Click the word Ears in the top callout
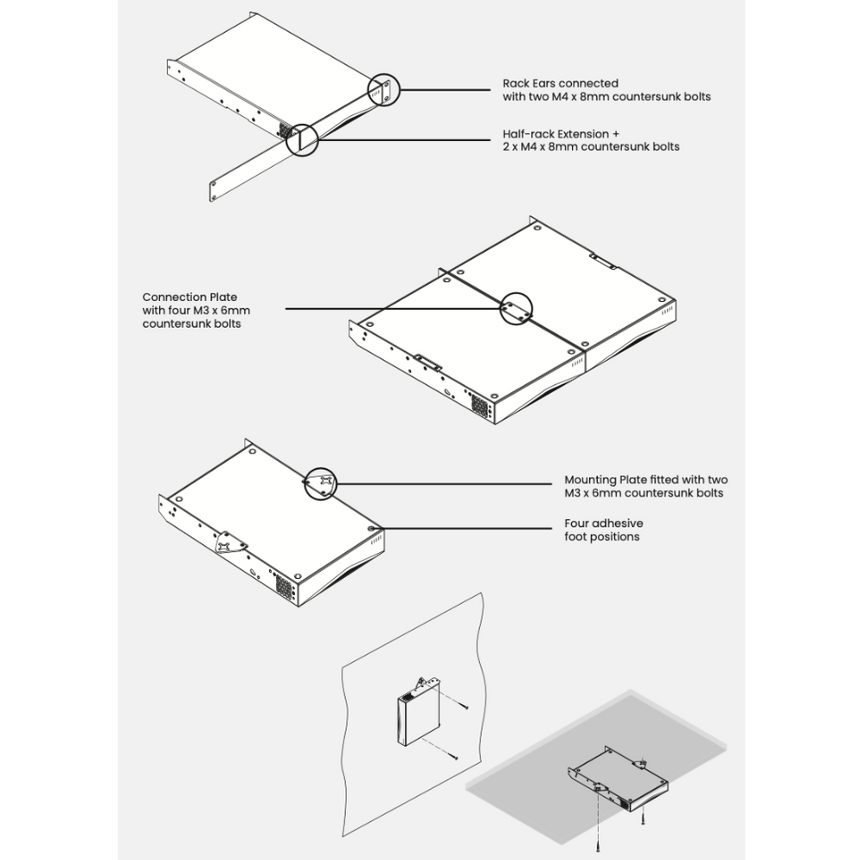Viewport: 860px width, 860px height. point(543,83)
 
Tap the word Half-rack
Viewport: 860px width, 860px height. point(528,134)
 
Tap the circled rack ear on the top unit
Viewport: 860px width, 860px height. point(382,90)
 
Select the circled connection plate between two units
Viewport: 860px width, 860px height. point(517,308)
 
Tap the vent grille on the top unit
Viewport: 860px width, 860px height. point(285,130)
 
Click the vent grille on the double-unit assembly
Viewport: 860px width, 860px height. point(478,404)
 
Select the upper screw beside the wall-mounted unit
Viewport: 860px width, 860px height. point(464,706)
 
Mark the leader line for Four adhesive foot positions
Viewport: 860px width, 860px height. point(467,529)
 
